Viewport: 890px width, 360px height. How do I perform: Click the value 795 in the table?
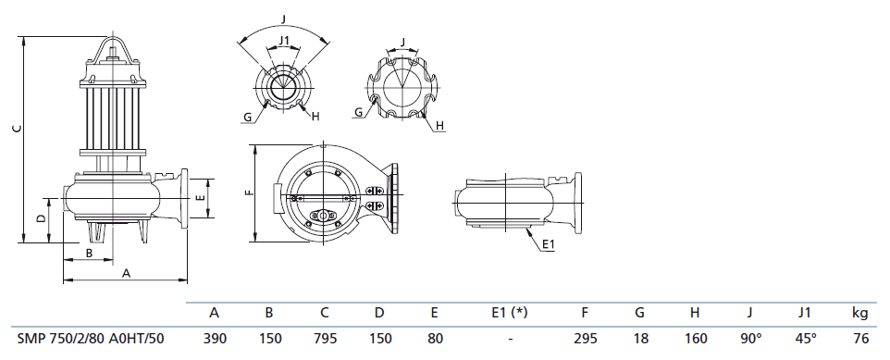(326, 339)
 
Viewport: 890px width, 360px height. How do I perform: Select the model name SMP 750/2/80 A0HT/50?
(91, 339)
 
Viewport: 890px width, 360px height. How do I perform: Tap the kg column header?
(860, 312)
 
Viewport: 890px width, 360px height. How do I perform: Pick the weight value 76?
(861, 339)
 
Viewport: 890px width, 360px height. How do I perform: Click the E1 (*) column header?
(509, 312)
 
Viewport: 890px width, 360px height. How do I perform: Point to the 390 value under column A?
(215, 339)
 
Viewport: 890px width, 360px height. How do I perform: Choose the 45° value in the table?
(806, 339)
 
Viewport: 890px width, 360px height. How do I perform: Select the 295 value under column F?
(586, 339)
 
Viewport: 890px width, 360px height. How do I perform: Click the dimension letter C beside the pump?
(18, 129)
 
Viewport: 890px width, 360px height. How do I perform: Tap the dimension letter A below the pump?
(127, 273)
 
